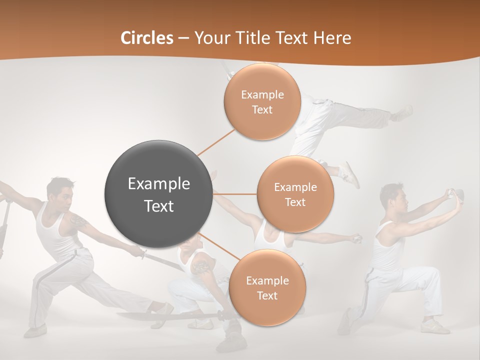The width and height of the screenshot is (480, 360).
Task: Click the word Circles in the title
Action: click(x=147, y=38)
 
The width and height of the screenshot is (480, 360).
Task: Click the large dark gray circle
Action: click(x=158, y=194)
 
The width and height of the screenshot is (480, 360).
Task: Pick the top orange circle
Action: click(x=262, y=101)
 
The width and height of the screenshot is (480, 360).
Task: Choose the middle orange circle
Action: click(x=295, y=194)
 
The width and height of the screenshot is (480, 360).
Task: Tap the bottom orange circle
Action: click(x=267, y=287)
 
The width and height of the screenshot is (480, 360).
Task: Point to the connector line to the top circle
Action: click(x=216, y=142)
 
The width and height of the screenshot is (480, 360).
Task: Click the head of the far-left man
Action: click(x=59, y=190)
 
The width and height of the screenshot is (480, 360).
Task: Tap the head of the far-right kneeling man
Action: click(x=391, y=196)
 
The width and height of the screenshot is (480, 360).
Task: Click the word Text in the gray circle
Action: click(x=158, y=206)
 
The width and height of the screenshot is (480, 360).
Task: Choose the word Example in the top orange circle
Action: click(x=262, y=94)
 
